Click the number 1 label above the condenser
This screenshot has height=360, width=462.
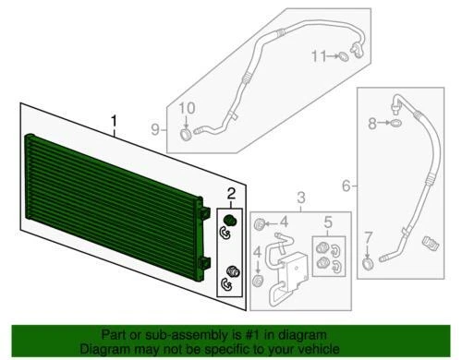pyautogui.click(x=114, y=121)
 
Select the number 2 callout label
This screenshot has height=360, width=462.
pyautogui.click(x=231, y=193)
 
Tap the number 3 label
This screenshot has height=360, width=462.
pyautogui.click(x=300, y=198)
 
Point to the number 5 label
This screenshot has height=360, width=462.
pyautogui.click(x=328, y=222)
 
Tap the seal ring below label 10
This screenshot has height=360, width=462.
pyautogui.click(x=188, y=137)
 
